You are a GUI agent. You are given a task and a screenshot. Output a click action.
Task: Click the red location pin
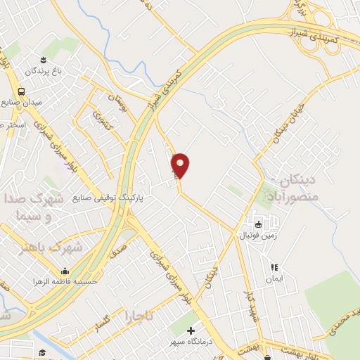coord(181,165)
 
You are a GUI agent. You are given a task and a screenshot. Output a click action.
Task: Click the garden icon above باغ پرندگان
coord(43,59)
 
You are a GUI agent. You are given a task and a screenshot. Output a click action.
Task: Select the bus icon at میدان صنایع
coord(22,91)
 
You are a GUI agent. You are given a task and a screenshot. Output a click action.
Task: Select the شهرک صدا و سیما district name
coord(35,207)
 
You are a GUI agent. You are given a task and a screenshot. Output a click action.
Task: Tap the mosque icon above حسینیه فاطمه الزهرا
coord(65,271)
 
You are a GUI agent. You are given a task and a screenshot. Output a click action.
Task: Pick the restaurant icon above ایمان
coord(275,267)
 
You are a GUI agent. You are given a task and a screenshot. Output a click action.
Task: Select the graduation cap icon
coord(42,353)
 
